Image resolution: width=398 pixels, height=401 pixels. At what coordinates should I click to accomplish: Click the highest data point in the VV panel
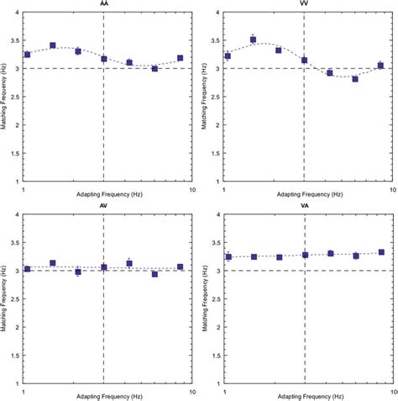(x=253, y=40)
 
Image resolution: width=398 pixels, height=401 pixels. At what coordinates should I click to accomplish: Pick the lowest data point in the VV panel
(x=355, y=79)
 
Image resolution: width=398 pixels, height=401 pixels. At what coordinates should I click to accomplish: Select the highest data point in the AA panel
(x=53, y=45)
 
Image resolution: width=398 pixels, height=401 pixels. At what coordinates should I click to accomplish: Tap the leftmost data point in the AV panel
(x=28, y=269)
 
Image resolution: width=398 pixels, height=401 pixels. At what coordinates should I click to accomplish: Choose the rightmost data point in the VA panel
(x=381, y=252)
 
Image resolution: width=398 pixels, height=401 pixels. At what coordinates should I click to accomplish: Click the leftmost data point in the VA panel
(x=228, y=257)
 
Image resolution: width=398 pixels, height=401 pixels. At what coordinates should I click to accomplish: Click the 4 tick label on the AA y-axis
(x=19, y=13)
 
